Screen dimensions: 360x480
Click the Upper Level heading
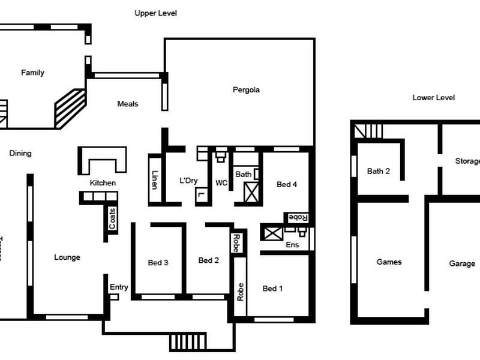click(x=155, y=13)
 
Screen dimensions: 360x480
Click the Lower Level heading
click(x=434, y=98)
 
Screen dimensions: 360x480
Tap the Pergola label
click(x=246, y=90)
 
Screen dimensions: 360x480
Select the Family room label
click(x=33, y=73)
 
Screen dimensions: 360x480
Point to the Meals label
click(x=128, y=104)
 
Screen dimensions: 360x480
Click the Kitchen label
click(x=103, y=183)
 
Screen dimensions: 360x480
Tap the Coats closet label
click(x=112, y=218)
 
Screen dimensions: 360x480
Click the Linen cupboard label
click(x=155, y=180)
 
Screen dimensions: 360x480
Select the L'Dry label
click(x=188, y=181)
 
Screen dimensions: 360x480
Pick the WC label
click(x=221, y=183)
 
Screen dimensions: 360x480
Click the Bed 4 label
click(x=287, y=185)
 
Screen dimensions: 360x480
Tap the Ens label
click(x=292, y=245)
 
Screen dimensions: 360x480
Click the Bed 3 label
click(x=158, y=262)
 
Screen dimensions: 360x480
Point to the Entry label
click(x=119, y=287)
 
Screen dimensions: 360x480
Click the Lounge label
click(x=67, y=257)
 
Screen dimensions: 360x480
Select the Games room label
click(x=389, y=262)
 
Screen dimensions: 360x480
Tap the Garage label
click(x=462, y=263)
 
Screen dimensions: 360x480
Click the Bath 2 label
click(x=379, y=171)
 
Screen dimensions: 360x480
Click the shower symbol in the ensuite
click(x=271, y=233)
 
